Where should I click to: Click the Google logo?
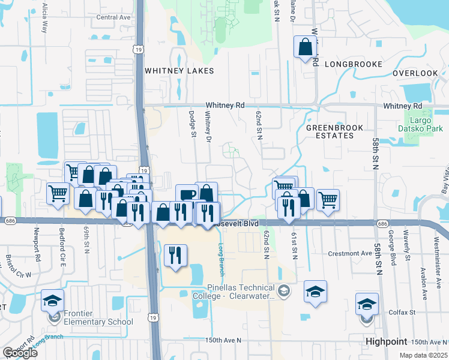pyautogui.click(x=20, y=353)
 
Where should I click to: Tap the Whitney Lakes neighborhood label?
pyautogui.click(x=179, y=71)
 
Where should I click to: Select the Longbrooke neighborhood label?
pyautogui.click(x=354, y=64)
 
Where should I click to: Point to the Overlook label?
pyautogui.click(x=415, y=73)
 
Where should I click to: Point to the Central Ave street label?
pyautogui.click(x=113, y=17)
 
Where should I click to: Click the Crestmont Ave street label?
pyautogui.click(x=351, y=254)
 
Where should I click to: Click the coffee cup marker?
pyautogui.click(x=187, y=194)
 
